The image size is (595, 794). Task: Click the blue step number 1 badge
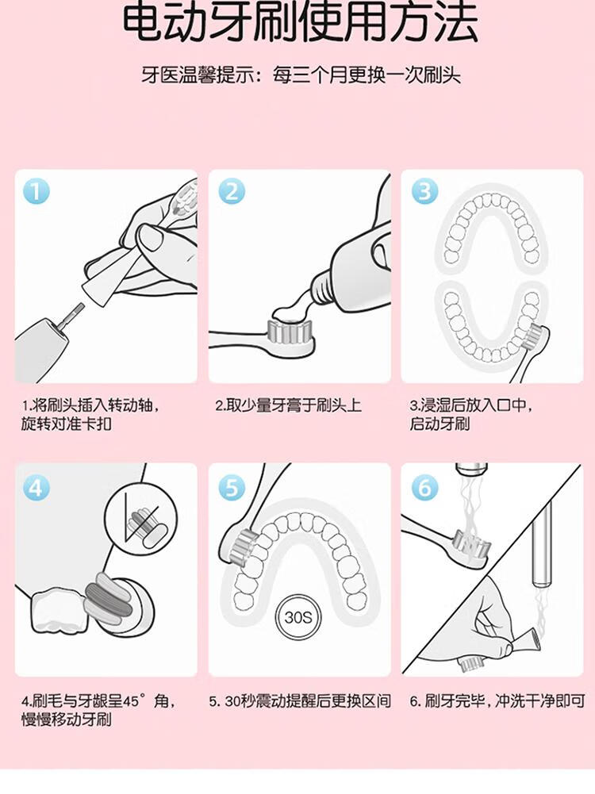click(x=36, y=191)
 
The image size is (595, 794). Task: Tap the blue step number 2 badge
click(x=232, y=191)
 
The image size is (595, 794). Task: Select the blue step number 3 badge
click(x=424, y=191)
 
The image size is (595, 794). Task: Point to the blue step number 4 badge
click(x=36, y=488)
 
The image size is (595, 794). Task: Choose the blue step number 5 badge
click(x=232, y=488)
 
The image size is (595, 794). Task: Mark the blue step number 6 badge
click(x=424, y=488)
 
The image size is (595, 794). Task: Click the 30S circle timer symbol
click(x=297, y=617)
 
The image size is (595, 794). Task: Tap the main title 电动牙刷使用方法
click(x=301, y=23)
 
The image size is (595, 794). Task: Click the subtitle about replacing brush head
click(x=301, y=75)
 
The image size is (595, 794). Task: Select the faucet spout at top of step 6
click(x=471, y=470)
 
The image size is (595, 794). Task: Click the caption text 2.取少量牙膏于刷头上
click(x=288, y=405)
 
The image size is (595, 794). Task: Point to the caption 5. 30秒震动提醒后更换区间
click(x=301, y=701)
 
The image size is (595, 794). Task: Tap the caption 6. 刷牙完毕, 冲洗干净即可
click(x=497, y=701)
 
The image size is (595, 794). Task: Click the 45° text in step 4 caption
click(x=133, y=701)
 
